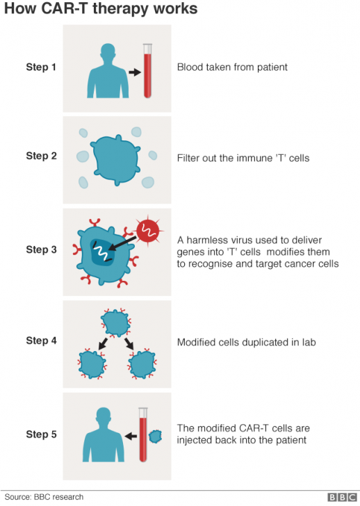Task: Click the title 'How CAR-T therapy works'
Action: (101, 9)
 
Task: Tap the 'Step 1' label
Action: (42, 67)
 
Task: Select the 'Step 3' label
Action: (42, 248)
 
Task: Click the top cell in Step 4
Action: (115, 320)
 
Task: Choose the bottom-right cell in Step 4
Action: (141, 363)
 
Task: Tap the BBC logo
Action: (341, 497)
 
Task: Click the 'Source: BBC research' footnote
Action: (44, 497)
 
